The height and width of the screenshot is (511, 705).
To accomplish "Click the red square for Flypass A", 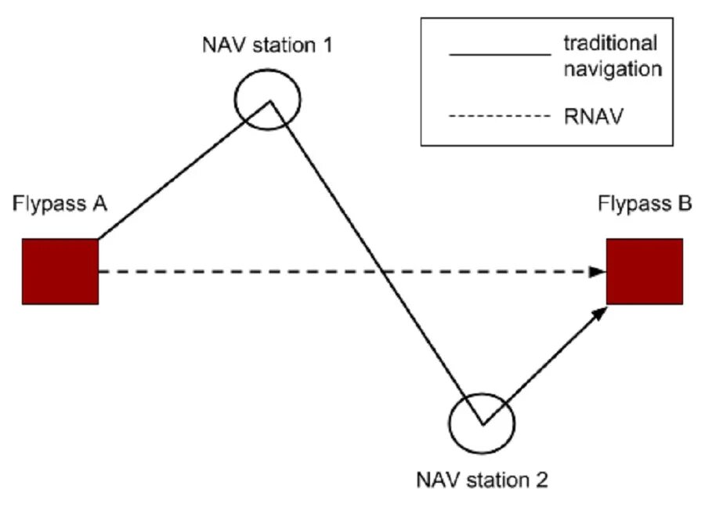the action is click(60, 272).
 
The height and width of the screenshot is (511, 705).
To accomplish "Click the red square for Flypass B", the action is click(645, 272).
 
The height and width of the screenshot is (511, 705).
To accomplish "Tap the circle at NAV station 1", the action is click(268, 100).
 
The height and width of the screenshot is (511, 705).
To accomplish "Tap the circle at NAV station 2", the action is click(482, 423).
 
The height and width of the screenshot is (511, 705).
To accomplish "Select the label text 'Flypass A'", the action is click(60, 203).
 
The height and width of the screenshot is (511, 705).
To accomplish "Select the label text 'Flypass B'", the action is click(645, 203).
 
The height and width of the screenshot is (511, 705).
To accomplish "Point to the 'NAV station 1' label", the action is click(268, 45).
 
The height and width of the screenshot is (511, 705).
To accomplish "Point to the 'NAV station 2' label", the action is click(482, 480).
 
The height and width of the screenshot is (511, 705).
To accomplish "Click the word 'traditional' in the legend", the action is click(610, 43).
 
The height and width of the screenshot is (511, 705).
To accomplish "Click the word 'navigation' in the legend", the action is click(613, 69).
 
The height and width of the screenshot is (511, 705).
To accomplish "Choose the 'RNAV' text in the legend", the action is click(594, 117).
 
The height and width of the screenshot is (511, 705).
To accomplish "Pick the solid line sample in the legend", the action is click(500, 55).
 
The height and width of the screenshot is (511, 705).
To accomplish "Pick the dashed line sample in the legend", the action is click(500, 117).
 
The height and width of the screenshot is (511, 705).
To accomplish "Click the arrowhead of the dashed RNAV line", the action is click(598, 272).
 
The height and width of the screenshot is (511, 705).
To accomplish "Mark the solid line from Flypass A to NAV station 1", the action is click(184, 169).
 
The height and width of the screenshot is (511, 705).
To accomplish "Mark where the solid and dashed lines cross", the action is click(382, 272).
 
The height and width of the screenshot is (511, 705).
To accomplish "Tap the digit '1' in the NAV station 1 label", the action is click(327, 45).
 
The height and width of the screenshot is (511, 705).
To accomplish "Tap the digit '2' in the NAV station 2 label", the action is click(542, 480).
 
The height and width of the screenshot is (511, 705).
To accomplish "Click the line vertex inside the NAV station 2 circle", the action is click(483, 424).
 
